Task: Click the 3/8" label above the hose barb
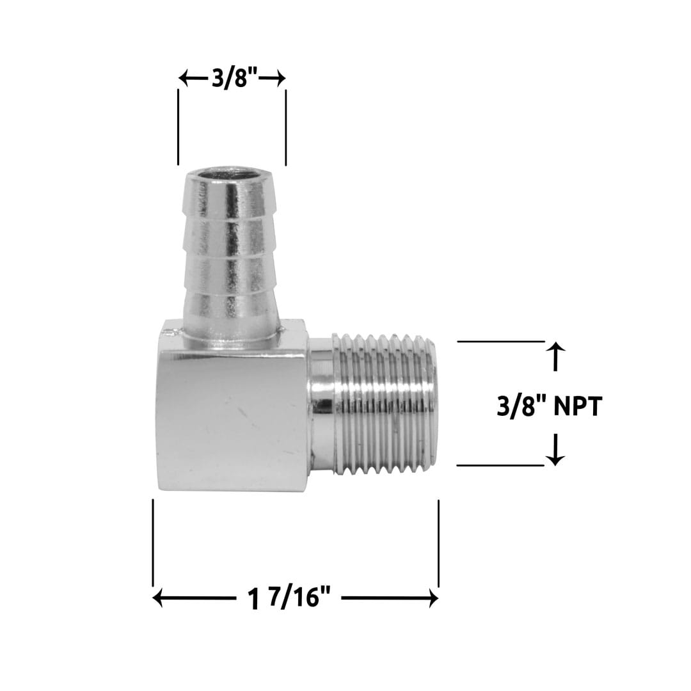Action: [234, 79]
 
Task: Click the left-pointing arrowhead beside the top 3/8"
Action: [183, 79]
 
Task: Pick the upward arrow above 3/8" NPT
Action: [556, 349]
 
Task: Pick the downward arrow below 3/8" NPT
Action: [556, 458]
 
